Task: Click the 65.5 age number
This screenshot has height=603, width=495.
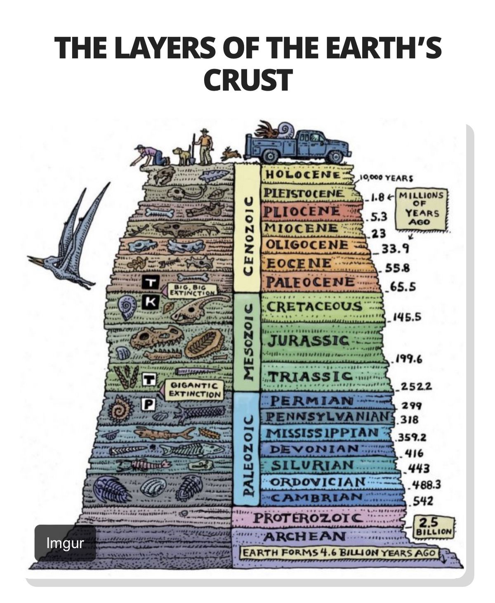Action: [x=401, y=286]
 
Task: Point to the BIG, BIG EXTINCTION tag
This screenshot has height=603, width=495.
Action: [x=191, y=290]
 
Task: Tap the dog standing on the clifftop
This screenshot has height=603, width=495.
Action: [x=183, y=156]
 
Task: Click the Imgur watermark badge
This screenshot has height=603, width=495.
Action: [x=65, y=543]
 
